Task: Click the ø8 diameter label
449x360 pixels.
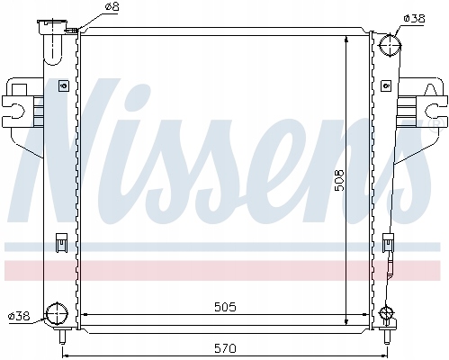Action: point(112,6)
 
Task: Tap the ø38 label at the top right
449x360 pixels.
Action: point(414,19)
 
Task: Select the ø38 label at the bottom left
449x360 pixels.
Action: point(19,316)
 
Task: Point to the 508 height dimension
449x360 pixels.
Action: point(339,180)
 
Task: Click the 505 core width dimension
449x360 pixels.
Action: point(225,307)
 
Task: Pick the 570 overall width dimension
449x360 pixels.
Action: point(225,348)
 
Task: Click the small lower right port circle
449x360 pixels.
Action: point(386,313)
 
